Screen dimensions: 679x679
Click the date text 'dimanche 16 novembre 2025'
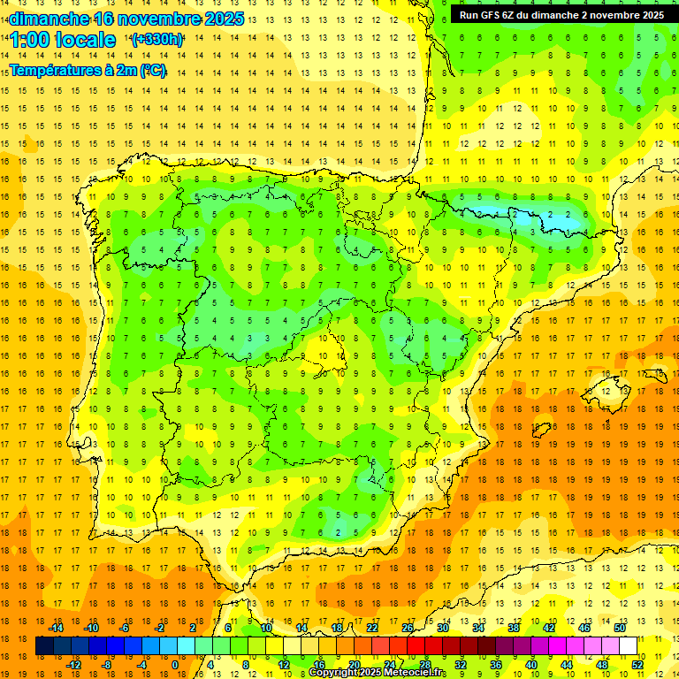click(x=123, y=19)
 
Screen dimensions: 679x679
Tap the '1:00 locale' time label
click(x=63, y=40)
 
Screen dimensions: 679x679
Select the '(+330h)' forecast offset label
click(x=157, y=40)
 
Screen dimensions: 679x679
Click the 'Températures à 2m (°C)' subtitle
click(x=88, y=70)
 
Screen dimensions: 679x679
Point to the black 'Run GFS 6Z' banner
click(x=562, y=14)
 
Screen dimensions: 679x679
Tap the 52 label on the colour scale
click(x=637, y=665)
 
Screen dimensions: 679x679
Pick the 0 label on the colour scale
click(x=175, y=665)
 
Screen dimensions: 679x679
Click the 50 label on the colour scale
click(x=619, y=628)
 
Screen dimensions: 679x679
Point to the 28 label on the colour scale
click(x=424, y=665)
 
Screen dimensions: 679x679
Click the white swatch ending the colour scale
click(x=628, y=646)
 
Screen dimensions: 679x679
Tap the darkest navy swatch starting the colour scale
click(x=44, y=646)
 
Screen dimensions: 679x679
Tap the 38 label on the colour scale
click(x=513, y=628)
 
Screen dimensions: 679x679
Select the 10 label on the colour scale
click(x=265, y=628)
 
